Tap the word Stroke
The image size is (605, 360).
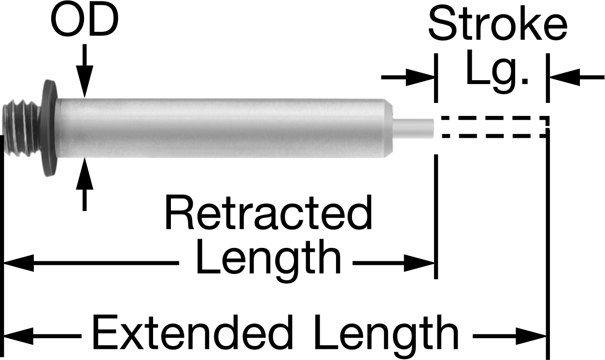[498, 24]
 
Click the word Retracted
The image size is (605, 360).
[268, 213]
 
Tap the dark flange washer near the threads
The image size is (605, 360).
[49, 128]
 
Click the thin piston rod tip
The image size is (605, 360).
[413, 128]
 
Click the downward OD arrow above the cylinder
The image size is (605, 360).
[84, 71]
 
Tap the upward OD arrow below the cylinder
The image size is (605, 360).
[84, 184]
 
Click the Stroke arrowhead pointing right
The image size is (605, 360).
[421, 78]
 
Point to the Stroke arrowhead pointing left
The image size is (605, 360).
[564, 78]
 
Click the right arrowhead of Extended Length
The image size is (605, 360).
[531, 336]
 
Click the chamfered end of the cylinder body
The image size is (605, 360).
[389, 128]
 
